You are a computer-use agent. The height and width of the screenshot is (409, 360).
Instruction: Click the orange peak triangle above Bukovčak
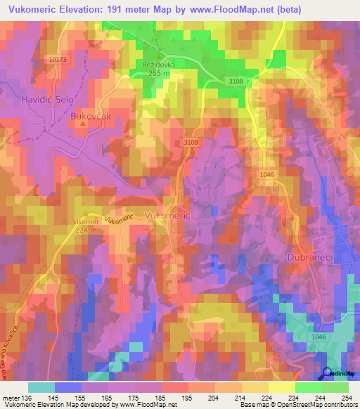coord(82,124)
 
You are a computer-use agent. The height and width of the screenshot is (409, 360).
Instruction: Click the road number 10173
coord(58,60)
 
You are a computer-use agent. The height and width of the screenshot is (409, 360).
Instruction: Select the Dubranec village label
coord(308,259)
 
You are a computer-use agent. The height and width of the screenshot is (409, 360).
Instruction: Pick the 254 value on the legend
coord(347,397)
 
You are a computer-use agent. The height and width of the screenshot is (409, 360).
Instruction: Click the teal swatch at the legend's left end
coord(41,387)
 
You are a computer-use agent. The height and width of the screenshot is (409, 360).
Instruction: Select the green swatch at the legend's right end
coord(335,387)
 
